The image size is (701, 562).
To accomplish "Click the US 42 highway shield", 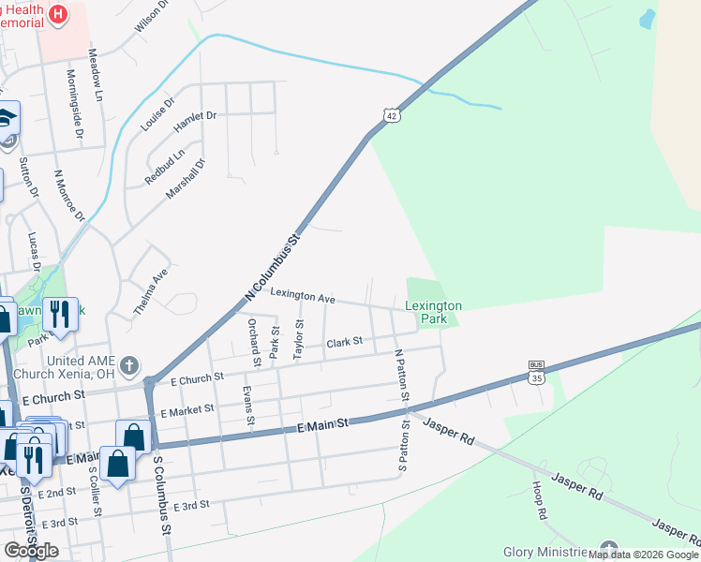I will [x=392, y=114].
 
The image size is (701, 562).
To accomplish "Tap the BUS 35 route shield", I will [x=536, y=372].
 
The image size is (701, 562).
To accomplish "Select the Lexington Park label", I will [x=433, y=312].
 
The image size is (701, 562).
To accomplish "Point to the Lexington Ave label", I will [x=303, y=297].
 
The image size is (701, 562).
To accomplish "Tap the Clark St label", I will [x=344, y=343].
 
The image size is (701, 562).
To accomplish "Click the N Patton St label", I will [x=400, y=376].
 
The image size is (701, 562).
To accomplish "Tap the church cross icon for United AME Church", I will [x=129, y=363].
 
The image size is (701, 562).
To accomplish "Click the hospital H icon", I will [x=59, y=14].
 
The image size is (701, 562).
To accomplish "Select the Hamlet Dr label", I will [x=195, y=117].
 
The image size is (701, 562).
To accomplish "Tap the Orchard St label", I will [x=253, y=342].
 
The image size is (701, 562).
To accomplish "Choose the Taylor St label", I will [x=299, y=339].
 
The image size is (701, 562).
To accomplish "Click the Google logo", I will [x=31, y=550].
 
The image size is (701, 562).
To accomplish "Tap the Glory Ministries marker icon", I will [x=609, y=549].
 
